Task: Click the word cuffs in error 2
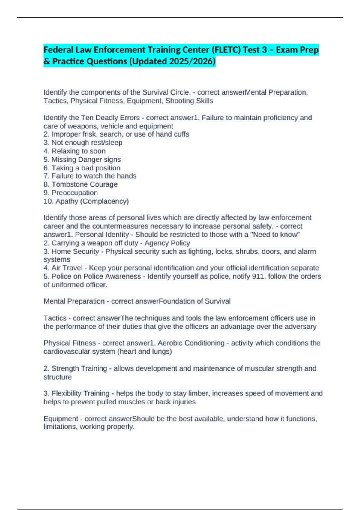pos(181,134)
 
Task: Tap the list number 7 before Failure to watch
pos(46,176)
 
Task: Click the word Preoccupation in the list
pos(75,193)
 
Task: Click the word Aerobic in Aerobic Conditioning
pos(170,343)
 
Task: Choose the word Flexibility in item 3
pos(66,393)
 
